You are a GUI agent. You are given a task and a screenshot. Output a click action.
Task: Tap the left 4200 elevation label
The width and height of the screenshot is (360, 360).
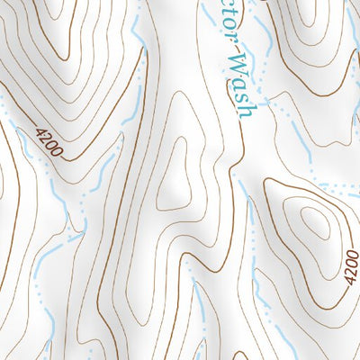tap(49, 142)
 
